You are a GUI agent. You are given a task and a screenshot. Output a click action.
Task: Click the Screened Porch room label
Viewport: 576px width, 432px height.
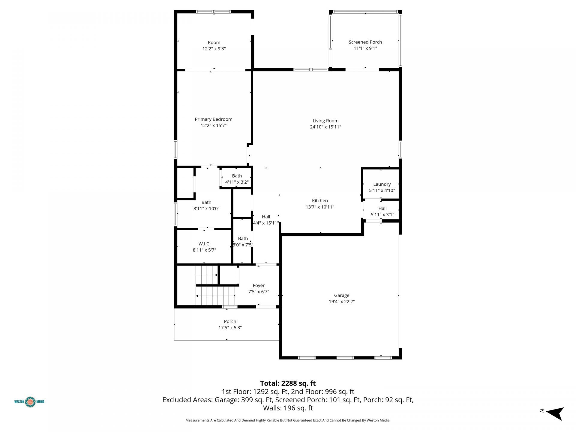[x=365, y=42]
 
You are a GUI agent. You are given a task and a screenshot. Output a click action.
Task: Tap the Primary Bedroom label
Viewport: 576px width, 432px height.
[x=214, y=119]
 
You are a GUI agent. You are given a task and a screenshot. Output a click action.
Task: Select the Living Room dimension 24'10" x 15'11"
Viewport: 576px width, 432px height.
[x=325, y=127]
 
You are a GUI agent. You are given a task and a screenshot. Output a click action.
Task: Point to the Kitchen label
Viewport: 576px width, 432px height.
[x=320, y=201]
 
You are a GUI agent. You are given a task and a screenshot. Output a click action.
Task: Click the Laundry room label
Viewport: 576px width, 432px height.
[x=382, y=184]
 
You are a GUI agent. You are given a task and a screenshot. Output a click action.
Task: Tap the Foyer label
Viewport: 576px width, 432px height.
[x=259, y=286]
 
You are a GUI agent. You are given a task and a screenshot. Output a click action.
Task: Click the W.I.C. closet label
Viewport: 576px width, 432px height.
[x=204, y=244]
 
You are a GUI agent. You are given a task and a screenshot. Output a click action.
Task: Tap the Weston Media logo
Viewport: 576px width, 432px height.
[x=29, y=402]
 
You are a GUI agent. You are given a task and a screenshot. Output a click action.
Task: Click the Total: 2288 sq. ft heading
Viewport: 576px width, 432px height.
[x=288, y=383]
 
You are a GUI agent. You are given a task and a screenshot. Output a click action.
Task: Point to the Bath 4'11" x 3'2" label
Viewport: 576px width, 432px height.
[x=237, y=179]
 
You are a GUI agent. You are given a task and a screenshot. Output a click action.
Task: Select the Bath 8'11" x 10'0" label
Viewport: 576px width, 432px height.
[x=206, y=205]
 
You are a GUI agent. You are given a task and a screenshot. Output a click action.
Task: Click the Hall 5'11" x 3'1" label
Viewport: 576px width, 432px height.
[x=382, y=211]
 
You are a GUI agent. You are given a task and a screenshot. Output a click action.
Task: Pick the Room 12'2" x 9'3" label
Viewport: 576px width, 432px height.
[x=214, y=46]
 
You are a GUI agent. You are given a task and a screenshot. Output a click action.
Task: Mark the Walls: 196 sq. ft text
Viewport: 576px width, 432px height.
[x=288, y=408]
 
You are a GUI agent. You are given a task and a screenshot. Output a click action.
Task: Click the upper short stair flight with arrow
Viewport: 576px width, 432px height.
[x=207, y=275]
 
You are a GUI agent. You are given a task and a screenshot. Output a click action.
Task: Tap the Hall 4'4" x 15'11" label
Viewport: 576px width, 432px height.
[x=266, y=220]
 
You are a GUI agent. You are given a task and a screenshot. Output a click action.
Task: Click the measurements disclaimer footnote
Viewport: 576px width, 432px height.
[x=288, y=420]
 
